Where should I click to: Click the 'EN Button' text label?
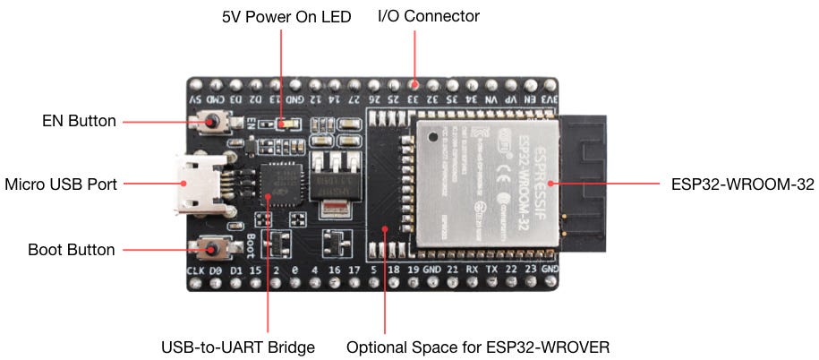pyautogui.click(x=80, y=121)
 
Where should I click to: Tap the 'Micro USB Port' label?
pyautogui.click(x=61, y=184)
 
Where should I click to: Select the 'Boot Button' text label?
pyautogui.click(x=73, y=250)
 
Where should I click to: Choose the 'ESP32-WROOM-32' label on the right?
pyautogui.click(x=742, y=184)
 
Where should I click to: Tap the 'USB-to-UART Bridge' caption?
pyautogui.click(x=238, y=347)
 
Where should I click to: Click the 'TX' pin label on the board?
pyautogui.click(x=491, y=269)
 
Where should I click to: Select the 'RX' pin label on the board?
pyautogui.click(x=472, y=269)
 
